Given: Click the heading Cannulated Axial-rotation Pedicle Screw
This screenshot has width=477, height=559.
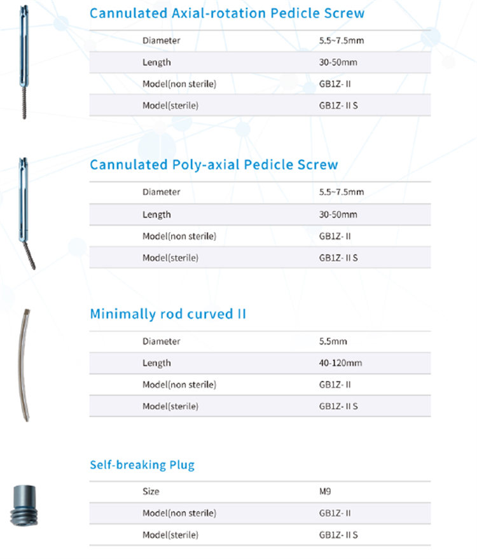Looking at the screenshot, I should [x=227, y=13].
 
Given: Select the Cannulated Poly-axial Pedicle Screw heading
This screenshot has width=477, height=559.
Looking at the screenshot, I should [x=214, y=165].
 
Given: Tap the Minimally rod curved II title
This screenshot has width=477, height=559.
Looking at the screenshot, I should [x=167, y=314].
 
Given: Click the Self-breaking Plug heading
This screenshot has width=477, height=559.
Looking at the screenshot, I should [x=142, y=465].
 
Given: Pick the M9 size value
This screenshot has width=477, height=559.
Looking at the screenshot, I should [x=325, y=492].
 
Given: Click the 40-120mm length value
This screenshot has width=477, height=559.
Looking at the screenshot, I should [x=340, y=363].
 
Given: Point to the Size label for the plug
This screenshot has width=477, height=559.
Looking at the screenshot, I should [x=151, y=492].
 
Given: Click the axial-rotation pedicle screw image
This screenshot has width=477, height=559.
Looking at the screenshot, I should [x=24, y=60].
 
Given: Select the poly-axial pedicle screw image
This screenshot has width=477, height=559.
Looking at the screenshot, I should [x=25, y=213].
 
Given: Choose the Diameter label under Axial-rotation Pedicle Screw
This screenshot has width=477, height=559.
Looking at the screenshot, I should [x=161, y=41].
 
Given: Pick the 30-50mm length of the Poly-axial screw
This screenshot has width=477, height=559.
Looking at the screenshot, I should [x=338, y=214].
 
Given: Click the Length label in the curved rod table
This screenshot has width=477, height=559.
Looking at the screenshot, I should [x=156, y=363].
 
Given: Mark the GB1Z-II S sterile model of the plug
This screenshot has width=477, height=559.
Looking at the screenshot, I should [x=338, y=535].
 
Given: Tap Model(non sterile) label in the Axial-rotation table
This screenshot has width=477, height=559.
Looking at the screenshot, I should [x=179, y=84].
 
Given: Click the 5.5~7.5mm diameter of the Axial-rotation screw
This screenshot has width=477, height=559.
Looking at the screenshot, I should [x=341, y=41].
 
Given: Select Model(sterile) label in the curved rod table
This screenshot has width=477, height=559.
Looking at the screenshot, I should [x=170, y=406].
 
